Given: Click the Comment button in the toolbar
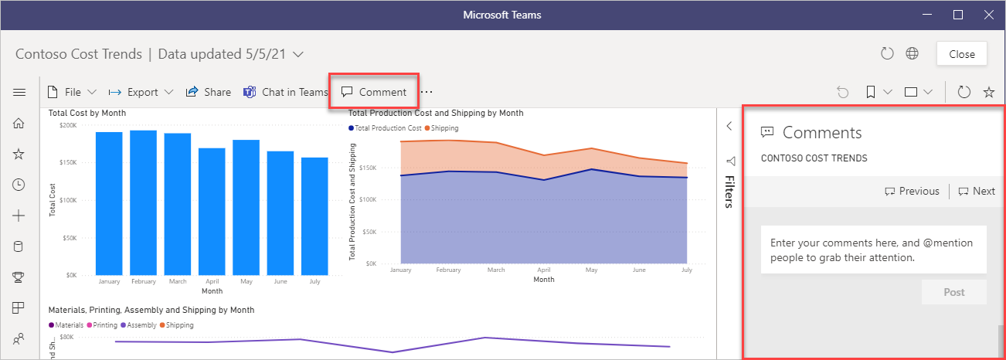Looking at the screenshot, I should [x=374, y=92].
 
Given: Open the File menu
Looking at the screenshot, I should [x=72, y=92].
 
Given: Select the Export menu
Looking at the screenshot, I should [x=142, y=92].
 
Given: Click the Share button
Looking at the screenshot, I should [x=209, y=92].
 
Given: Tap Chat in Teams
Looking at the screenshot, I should [x=286, y=92].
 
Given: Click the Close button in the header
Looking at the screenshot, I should [x=962, y=54].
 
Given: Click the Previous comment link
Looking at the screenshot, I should [x=912, y=192].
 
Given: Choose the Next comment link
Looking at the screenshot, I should [x=977, y=192].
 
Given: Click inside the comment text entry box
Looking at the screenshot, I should [x=873, y=250].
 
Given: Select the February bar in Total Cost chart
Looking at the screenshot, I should [x=144, y=202].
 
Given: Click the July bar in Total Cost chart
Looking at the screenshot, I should [x=314, y=216].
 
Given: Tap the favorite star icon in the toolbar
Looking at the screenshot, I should [x=988, y=92].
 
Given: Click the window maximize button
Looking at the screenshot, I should [x=958, y=15].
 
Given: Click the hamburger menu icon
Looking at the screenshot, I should [x=19, y=92].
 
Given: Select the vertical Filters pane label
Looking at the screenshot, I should [x=729, y=191].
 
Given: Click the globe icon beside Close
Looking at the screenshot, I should [x=912, y=54].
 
